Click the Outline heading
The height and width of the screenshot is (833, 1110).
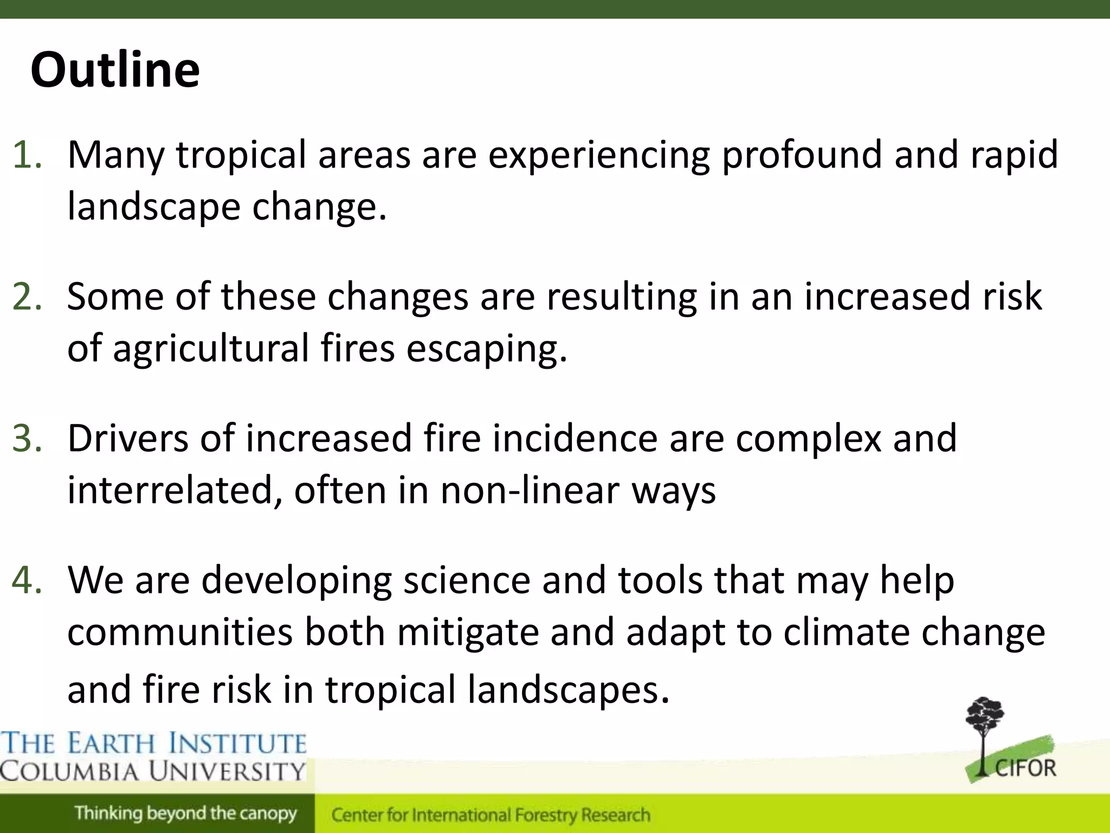(115, 70)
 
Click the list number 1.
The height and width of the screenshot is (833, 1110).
(27, 155)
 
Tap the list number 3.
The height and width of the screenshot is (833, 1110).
(27, 438)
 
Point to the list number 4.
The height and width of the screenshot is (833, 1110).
(27, 580)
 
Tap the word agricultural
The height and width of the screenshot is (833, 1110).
(211, 349)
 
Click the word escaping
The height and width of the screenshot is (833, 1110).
(487, 349)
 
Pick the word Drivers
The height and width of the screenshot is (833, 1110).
(128, 438)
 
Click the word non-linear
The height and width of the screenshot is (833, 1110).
(530, 490)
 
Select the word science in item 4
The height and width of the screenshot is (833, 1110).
(467, 580)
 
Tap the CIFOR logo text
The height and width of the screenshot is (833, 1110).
(1025, 768)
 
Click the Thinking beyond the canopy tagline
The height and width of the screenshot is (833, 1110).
(186, 813)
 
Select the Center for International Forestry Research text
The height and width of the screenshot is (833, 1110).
(491, 815)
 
